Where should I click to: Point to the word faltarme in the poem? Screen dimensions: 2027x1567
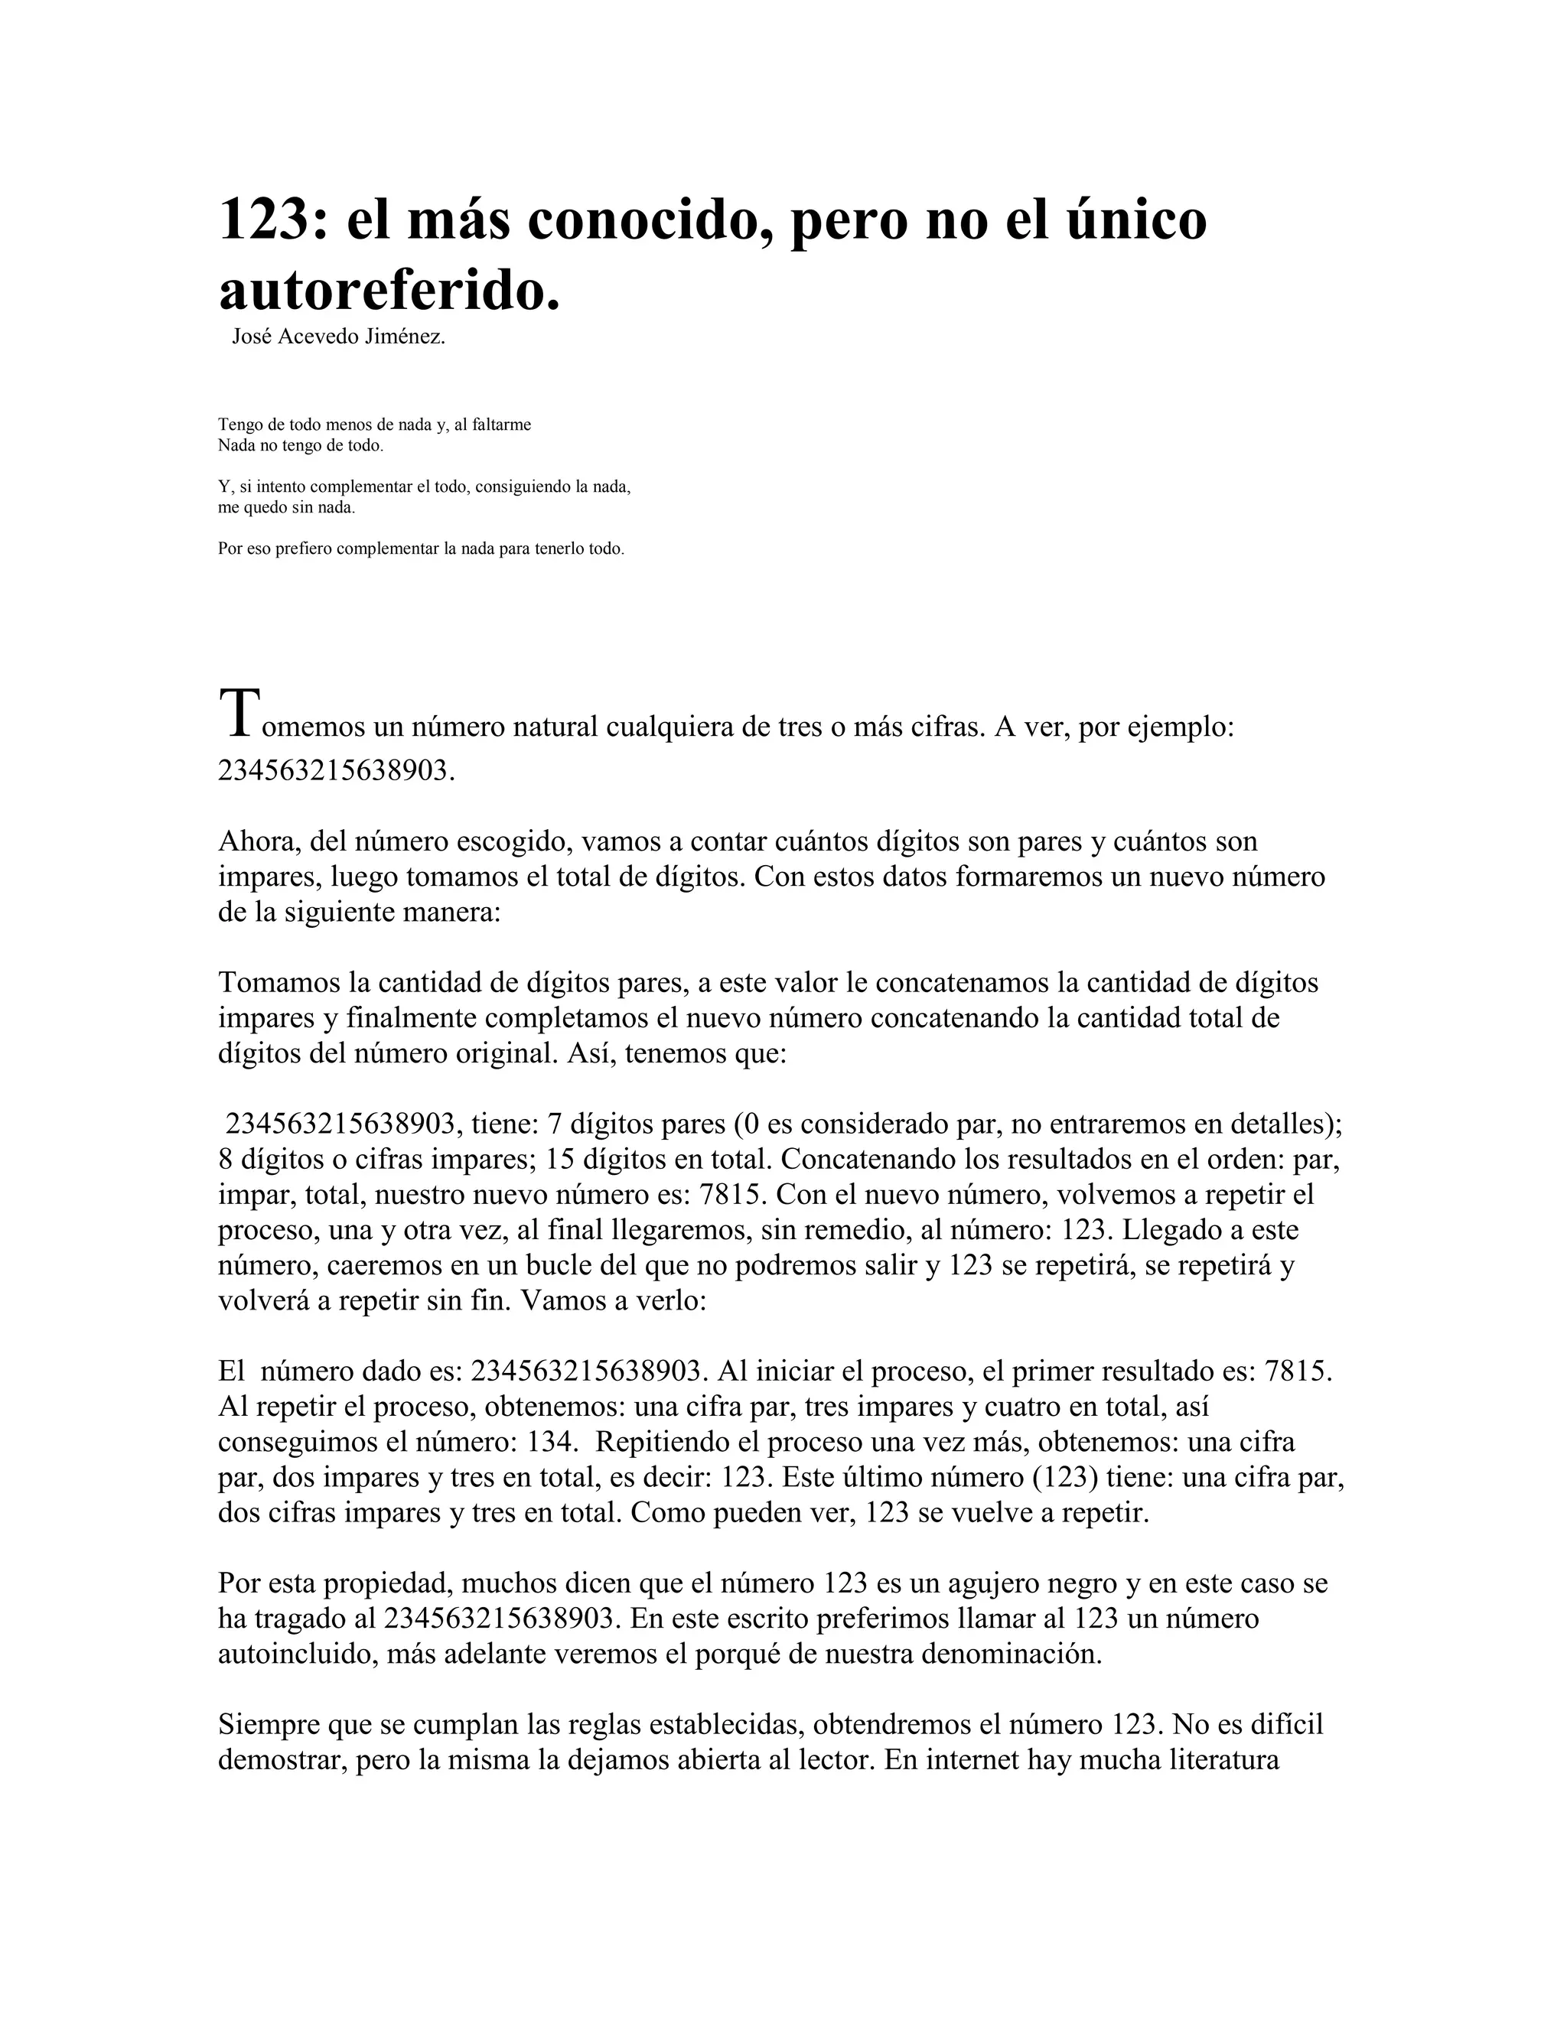501,425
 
